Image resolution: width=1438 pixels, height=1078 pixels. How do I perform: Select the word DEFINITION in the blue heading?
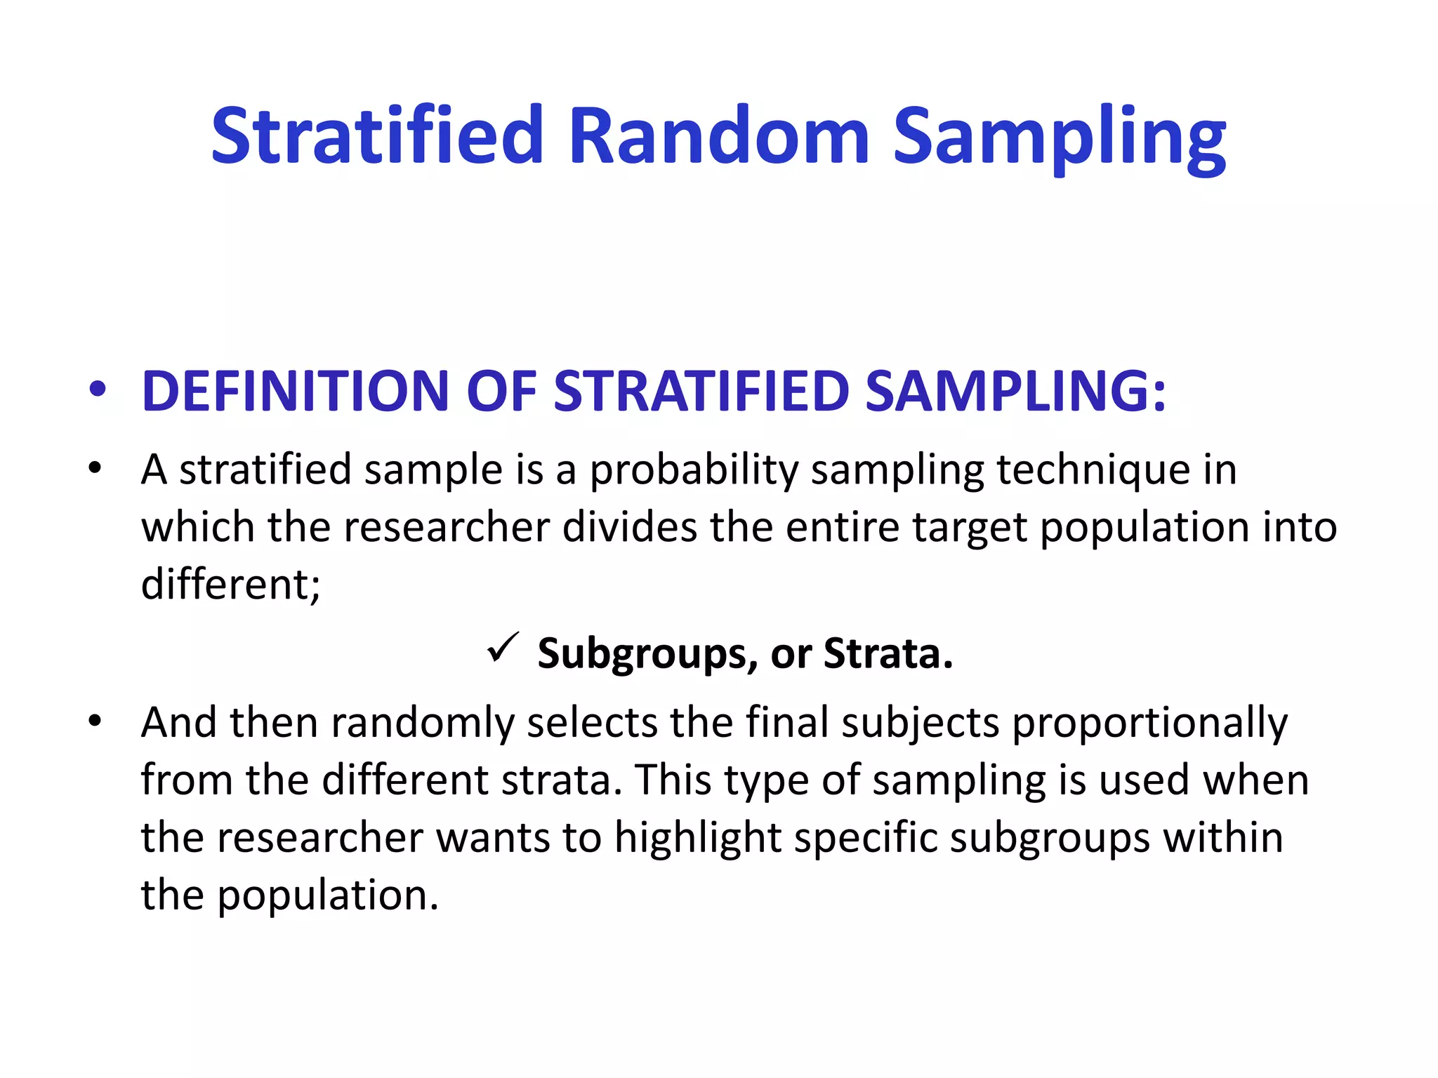point(295,391)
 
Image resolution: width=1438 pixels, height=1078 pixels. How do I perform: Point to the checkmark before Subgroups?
point(503,647)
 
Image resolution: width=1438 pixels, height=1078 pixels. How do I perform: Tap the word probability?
point(694,470)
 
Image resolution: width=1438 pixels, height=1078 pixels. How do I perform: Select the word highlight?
point(698,838)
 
